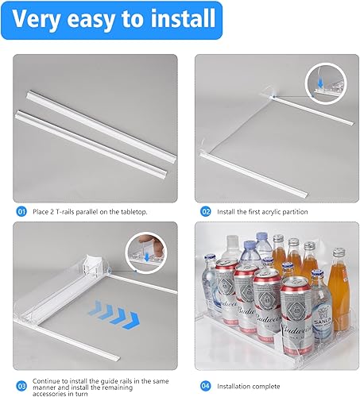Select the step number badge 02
(205, 211)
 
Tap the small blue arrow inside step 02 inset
(315, 80)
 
